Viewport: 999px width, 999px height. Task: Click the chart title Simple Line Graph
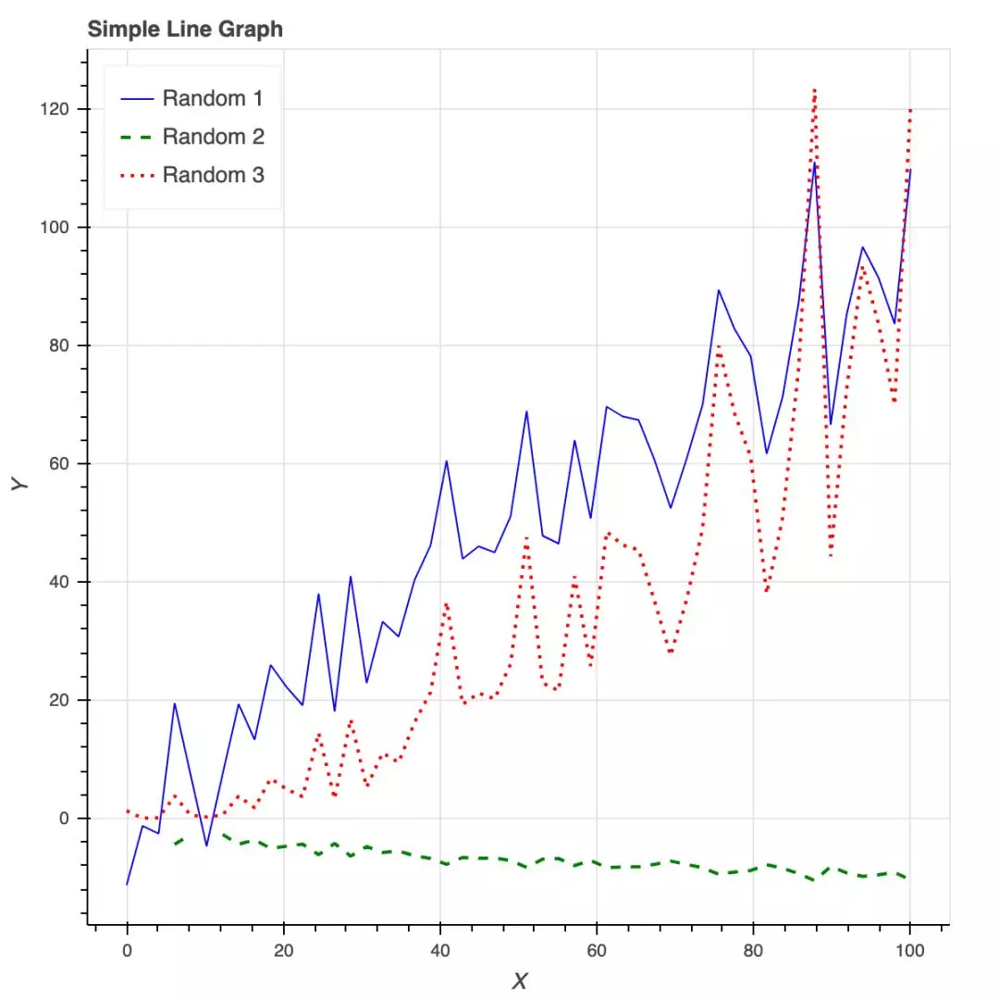click(x=185, y=30)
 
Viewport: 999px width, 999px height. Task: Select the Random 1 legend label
click(x=213, y=98)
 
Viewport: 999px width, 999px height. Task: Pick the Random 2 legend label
click(x=213, y=137)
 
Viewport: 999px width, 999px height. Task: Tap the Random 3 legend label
click(x=213, y=175)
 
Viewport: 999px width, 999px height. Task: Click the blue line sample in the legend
click(x=137, y=98)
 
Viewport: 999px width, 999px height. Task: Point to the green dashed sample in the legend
click(x=137, y=137)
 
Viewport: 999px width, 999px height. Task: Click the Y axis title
click(x=20, y=483)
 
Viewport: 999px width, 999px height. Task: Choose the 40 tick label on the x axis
click(x=440, y=952)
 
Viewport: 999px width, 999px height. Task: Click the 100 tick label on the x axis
click(x=910, y=952)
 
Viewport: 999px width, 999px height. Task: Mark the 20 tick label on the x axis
click(x=284, y=952)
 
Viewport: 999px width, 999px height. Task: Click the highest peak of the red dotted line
click(x=815, y=90)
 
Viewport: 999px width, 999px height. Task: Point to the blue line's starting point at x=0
click(x=128, y=884)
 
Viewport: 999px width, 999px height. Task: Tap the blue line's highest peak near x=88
click(x=815, y=163)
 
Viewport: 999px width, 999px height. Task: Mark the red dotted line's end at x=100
click(x=910, y=109)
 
